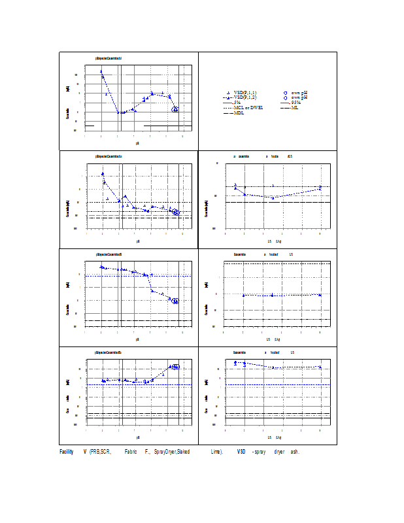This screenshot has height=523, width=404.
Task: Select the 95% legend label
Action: [x=296, y=103]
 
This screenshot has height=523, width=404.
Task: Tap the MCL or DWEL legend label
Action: [x=248, y=107]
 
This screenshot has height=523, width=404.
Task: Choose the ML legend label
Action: [x=295, y=107]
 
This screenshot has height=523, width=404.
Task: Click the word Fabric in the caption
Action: [x=129, y=452]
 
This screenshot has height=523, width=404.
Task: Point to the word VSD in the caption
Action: [x=241, y=452]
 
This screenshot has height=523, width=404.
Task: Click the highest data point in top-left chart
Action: [x=101, y=71]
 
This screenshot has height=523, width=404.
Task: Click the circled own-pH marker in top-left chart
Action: [x=175, y=109]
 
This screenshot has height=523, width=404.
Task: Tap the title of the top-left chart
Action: [x=109, y=58]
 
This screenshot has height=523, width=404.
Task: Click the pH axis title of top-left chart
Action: [x=137, y=142]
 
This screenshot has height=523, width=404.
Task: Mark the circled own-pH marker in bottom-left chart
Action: [x=175, y=367]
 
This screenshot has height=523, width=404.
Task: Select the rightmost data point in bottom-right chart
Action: [x=320, y=367]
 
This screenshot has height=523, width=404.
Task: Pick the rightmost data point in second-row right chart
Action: [x=320, y=188]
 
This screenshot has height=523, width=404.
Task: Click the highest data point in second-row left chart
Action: [x=103, y=174]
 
